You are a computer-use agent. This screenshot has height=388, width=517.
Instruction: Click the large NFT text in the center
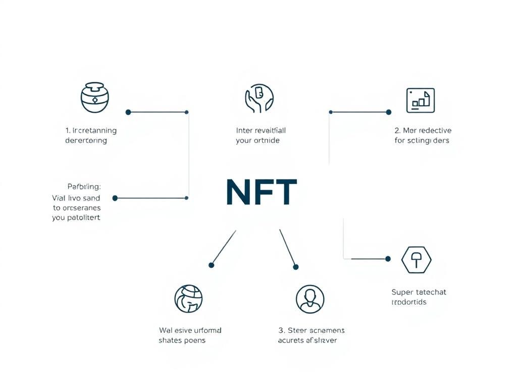(261, 192)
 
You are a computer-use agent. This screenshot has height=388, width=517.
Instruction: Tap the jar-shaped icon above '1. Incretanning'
(95, 98)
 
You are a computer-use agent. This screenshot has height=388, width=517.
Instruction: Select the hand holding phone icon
(259, 98)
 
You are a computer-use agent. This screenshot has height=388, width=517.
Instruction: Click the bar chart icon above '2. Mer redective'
(420, 100)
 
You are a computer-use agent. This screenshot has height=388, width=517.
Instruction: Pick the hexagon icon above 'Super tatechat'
(416, 261)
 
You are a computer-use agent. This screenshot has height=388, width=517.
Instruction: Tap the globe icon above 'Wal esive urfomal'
(188, 299)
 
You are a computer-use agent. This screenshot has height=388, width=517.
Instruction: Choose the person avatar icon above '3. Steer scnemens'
(309, 299)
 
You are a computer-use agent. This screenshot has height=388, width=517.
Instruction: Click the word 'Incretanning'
(94, 130)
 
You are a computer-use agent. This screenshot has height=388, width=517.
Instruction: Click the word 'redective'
(433, 130)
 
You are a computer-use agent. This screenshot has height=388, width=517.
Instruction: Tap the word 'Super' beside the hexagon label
(402, 292)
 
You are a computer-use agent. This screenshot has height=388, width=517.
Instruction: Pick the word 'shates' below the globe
(170, 340)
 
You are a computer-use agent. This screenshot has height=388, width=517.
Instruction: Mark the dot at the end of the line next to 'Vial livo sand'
(115, 198)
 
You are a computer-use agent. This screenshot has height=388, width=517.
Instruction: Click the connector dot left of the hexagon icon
(388, 259)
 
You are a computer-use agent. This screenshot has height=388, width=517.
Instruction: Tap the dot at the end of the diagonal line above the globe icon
(212, 265)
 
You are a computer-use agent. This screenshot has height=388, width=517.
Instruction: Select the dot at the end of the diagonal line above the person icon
(296, 267)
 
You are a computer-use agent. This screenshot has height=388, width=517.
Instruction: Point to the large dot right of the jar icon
(128, 112)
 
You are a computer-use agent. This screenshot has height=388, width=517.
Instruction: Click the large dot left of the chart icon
(388, 112)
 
